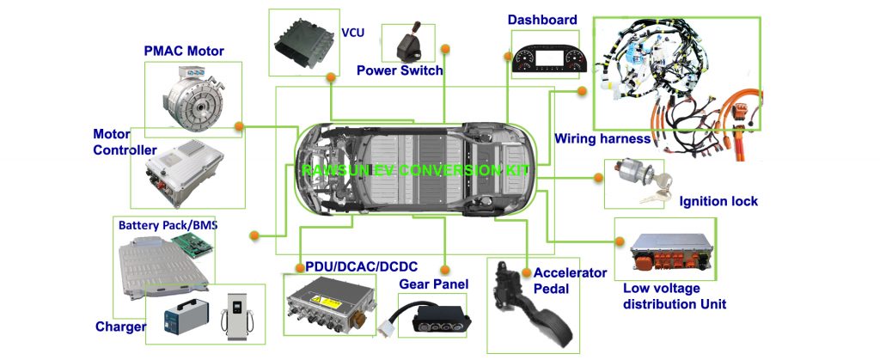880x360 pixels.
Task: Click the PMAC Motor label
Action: (183, 52)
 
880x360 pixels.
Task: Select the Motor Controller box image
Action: (177, 174)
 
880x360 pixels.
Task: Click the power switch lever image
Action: (401, 40)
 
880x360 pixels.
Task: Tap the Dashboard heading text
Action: (542, 20)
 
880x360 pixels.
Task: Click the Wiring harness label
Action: (602, 138)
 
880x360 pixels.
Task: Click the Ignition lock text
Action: (718, 202)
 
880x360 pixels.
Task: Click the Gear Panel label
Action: (433, 284)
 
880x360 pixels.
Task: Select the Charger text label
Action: (120, 327)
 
